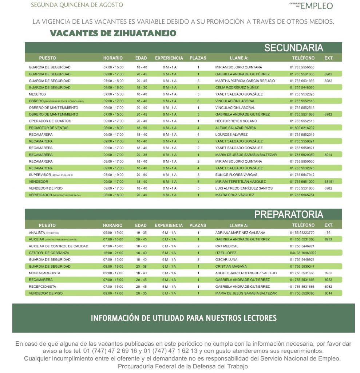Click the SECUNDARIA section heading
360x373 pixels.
tap(293, 48)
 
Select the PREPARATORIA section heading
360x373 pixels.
tap(288, 214)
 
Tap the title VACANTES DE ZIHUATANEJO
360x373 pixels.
tap(113, 34)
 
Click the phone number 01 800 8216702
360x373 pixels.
tap(302, 128)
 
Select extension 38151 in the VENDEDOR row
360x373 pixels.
tap(329, 181)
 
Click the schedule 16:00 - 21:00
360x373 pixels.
tap(113, 253)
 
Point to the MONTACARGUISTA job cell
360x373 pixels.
tap(44, 273)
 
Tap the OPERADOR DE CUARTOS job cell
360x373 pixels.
tap(50, 121)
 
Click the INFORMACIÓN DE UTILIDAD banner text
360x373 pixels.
tap(183, 318)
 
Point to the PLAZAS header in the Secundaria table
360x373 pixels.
tap(198, 58)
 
